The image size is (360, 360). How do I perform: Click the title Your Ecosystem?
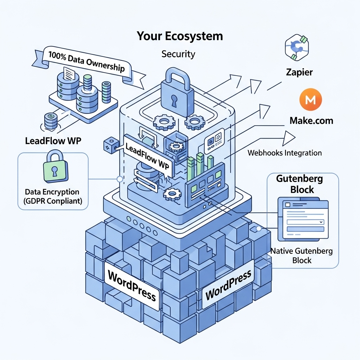tap(180, 36)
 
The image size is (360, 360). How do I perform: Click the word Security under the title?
tap(178, 54)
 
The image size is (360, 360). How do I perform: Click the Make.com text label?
tap(311, 121)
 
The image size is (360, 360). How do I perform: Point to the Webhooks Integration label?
tap(284, 153)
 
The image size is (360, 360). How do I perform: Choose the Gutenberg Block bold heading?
tap(300, 184)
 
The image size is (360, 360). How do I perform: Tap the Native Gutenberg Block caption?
tap(302, 256)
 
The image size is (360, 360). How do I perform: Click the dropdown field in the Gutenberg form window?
tap(305, 222)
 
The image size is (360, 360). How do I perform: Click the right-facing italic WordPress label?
tap(228, 285)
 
